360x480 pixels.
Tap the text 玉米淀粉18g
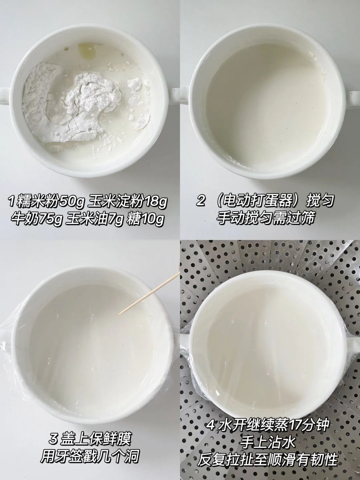pos(128,203)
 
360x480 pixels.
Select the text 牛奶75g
pos(36,220)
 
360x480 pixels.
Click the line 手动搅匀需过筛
pos(265,218)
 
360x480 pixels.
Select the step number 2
pos(201,201)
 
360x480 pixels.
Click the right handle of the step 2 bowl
pos(353,96)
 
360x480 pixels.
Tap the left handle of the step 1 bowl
pos(5,95)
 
